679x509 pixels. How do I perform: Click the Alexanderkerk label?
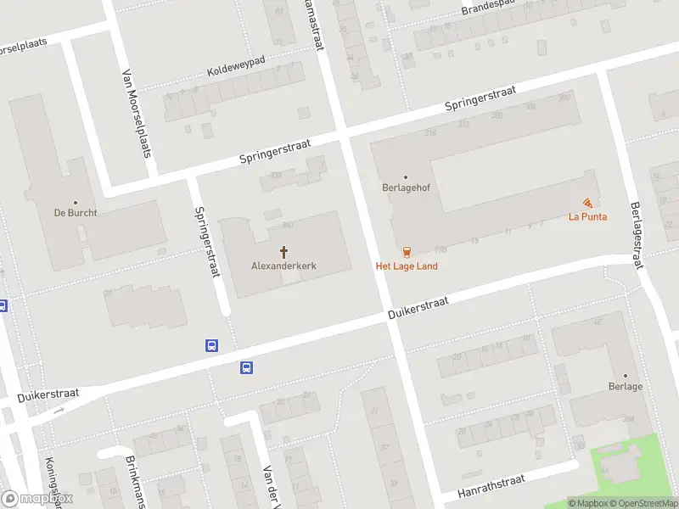click(283, 266)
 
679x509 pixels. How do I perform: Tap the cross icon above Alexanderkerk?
click(283, 252)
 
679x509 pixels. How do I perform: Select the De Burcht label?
click(75, 213)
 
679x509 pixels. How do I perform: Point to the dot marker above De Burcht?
click(75, 202)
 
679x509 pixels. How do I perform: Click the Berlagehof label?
click(405, 189)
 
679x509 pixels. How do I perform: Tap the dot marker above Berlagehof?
click(405, 177)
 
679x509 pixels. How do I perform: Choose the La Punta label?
click(587, 216)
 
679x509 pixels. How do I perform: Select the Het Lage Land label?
click(407, 266)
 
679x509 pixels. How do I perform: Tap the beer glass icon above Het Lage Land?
click(407, 251)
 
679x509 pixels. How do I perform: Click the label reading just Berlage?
click(626, 387)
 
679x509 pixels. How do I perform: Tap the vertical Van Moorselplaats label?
click(130, 105)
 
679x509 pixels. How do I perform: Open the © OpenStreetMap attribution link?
click(640, 503)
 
